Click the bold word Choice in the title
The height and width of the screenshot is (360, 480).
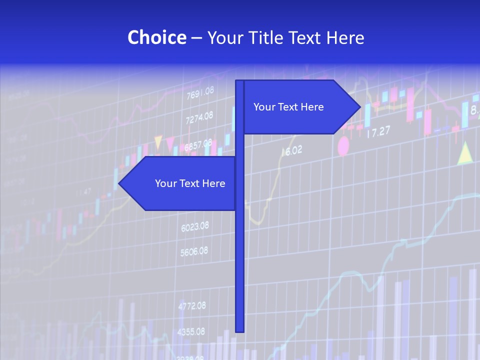(156, 37)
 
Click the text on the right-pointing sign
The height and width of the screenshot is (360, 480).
(288, 107)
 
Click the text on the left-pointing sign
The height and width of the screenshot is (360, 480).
(190, 183)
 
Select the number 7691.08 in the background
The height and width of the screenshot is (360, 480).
(200, 92)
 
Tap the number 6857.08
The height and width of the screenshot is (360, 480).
(198, 145)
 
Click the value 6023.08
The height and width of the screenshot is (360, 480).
(195, 227)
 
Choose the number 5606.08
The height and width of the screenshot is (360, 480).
(194, 251)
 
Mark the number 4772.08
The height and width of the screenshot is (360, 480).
(192, 305)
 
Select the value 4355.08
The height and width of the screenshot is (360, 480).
(191, 331)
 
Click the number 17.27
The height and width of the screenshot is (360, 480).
(378, 132)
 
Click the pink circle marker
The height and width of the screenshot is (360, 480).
(343, 146)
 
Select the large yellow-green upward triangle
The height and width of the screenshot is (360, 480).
(465, 153)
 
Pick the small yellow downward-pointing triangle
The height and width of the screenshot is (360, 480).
(158, 142)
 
